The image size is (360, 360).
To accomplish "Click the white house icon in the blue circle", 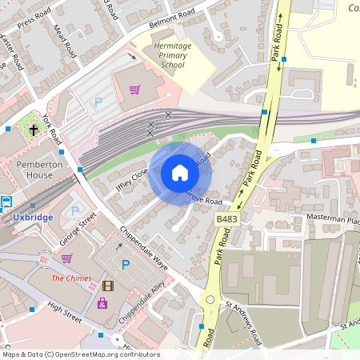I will (x=180, y=173).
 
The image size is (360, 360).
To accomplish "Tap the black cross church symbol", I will (x=34, y=129).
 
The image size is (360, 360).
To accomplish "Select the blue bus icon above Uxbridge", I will (x=7, y=202).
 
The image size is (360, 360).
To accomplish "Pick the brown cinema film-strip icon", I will (x=107, y=286).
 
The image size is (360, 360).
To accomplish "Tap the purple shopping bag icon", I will (x=102, y=303).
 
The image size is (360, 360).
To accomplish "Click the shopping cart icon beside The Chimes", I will (x=67, y=258).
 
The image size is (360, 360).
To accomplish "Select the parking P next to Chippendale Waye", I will (x=126, y=265).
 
